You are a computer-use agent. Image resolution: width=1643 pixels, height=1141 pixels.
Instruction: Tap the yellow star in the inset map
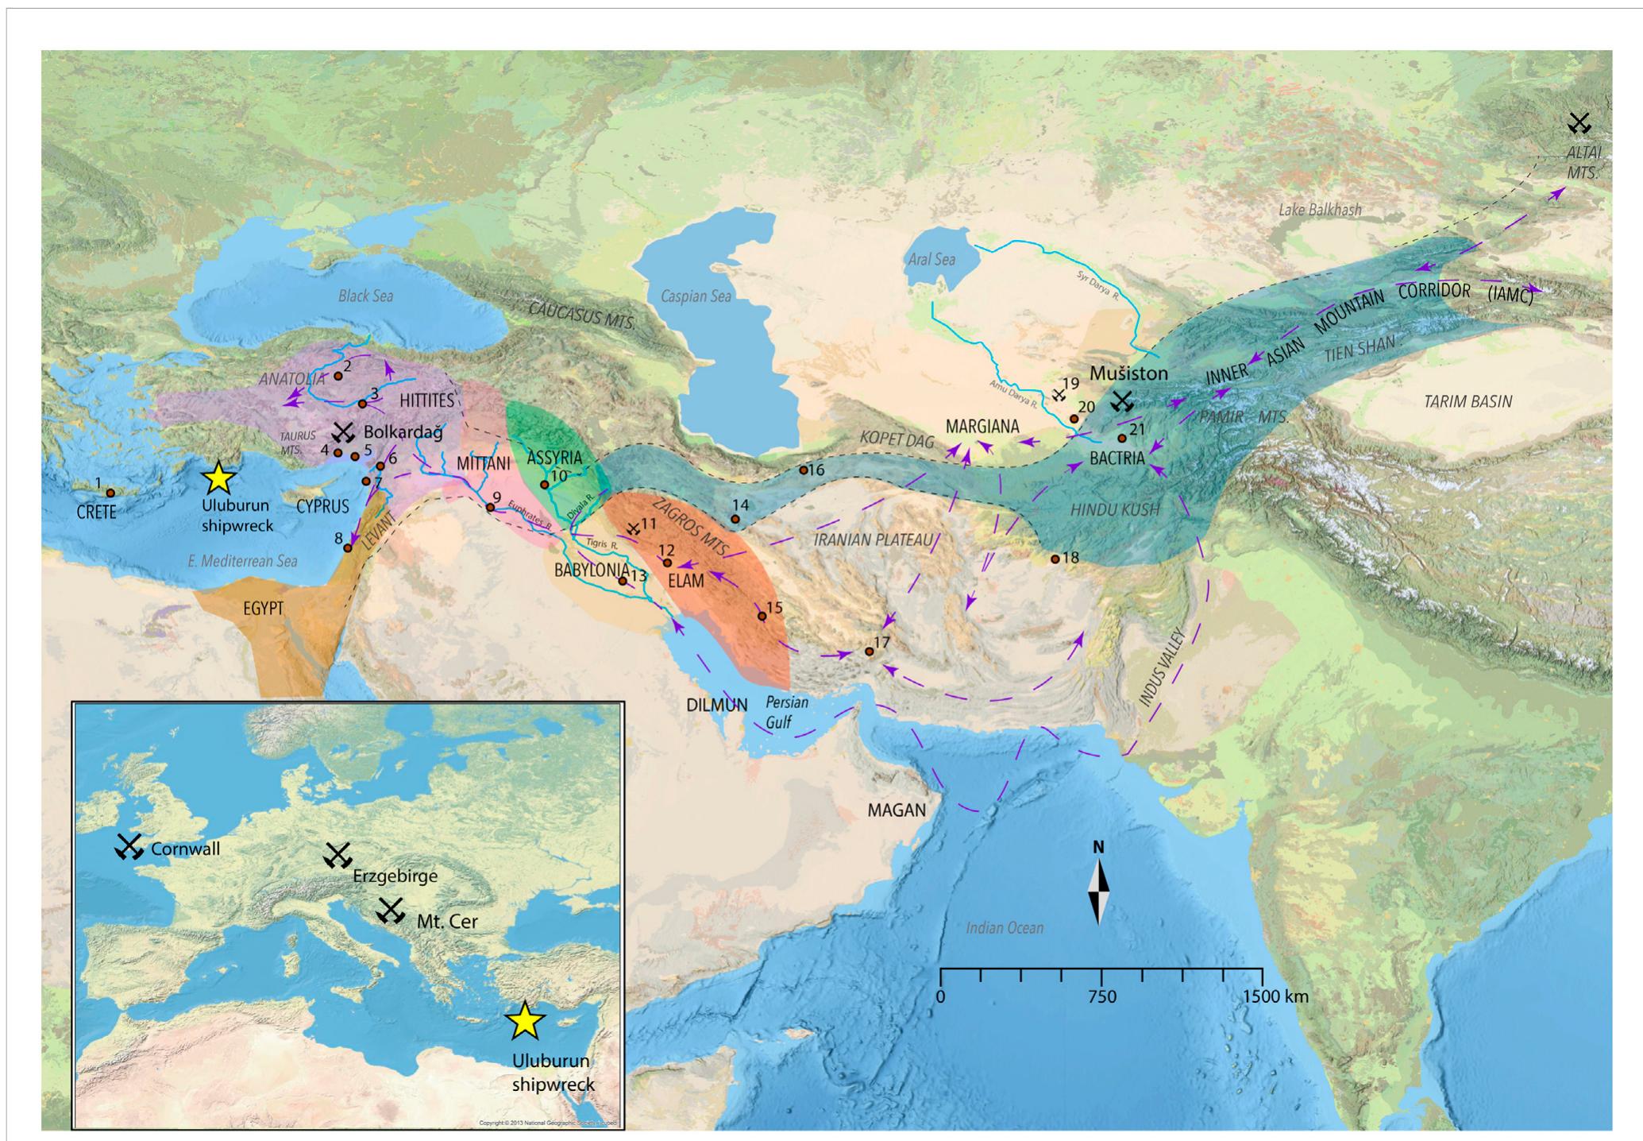pos(524,1021)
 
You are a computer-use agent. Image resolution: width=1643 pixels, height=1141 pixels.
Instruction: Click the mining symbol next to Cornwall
pos(128,847)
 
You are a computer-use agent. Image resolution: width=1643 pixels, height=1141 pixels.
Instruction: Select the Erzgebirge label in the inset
pos(395,876)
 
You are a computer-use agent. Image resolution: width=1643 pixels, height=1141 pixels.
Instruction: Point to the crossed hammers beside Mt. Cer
pos(390,911)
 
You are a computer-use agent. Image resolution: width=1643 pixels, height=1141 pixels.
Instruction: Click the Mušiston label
pos(1128,373)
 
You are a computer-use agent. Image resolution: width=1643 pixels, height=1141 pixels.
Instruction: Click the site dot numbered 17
pos(870,652)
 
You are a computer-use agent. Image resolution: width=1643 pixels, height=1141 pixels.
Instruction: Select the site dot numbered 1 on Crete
pos(110,493)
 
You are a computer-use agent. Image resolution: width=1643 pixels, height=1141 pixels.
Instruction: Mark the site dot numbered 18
pos(1055,559)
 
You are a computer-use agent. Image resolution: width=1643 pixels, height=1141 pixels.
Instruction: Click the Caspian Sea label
pos(696,296)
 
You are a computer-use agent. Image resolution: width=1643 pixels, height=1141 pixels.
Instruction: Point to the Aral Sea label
pos(930,259)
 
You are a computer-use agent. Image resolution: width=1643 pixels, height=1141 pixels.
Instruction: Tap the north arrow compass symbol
pos(1098,894)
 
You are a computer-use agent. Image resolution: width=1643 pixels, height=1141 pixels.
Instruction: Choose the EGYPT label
pos(263,609)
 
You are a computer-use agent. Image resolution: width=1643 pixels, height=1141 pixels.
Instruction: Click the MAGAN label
pos(897,810)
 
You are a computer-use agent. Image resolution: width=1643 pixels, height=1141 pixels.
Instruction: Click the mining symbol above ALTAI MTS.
pos(1579,123)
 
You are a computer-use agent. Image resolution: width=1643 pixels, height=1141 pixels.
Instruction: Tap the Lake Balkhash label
pos(1320,210)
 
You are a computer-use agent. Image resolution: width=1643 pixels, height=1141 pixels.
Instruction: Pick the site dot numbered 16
pos(804,470)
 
